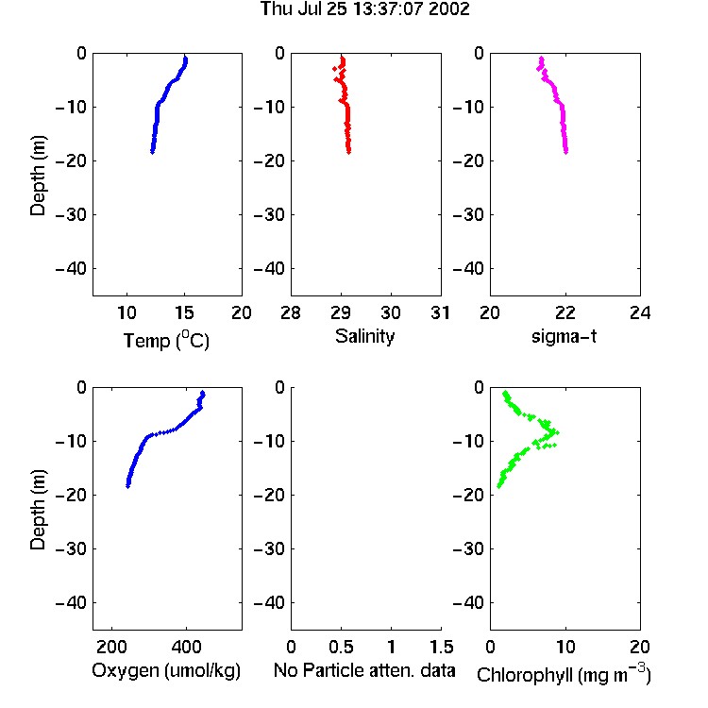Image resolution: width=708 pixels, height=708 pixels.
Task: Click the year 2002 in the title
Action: (x=449, y=8)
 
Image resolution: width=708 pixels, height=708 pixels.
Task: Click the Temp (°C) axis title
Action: (x=166, y=340)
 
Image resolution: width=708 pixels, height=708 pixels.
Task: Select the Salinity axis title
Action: (x=364, y=337)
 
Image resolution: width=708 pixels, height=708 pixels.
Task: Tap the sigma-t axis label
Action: (x=564, y=336)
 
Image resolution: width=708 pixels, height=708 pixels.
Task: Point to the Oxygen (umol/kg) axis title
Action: (x=166, y=671)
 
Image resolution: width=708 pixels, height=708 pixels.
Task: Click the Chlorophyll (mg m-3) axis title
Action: (x=564, y=674)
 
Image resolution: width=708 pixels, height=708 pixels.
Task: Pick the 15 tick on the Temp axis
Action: (x=184, y=312)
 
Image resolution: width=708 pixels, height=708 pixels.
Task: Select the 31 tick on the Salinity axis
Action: (x=440, y=312)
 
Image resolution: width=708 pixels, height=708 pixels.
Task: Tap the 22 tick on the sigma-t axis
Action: (x=565, y=312)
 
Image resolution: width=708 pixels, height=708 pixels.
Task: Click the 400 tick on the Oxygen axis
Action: (x=186, y=647)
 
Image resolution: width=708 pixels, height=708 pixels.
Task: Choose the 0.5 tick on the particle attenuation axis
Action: (x=341, y=647)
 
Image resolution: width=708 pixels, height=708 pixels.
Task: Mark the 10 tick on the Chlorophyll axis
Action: (x=565, y=647)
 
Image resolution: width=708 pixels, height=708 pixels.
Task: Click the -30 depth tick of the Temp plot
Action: (x=72, y=215)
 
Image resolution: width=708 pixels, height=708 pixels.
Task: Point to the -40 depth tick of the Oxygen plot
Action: (x=72, y=602)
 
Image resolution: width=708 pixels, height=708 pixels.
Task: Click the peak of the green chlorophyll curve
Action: (x=557, y=432)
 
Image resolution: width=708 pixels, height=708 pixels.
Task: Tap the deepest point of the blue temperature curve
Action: (x=153, y=152)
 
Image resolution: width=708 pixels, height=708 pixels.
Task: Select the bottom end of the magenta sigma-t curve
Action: (x=566, y=152)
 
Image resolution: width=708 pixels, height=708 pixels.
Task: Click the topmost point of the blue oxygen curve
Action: (x=203, y=393)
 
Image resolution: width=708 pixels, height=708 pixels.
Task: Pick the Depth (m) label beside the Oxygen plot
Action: (x=38, y=510)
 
